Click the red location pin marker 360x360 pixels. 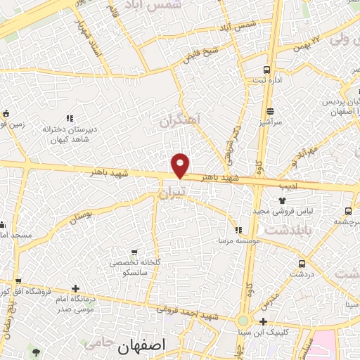[181, 165]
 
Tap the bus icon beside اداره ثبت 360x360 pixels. [266, 70]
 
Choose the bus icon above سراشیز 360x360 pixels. [271, 110]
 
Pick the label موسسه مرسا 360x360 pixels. [238, 240]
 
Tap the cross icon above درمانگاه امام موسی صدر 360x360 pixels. [75, 288]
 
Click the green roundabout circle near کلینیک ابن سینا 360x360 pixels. [243, 321]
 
